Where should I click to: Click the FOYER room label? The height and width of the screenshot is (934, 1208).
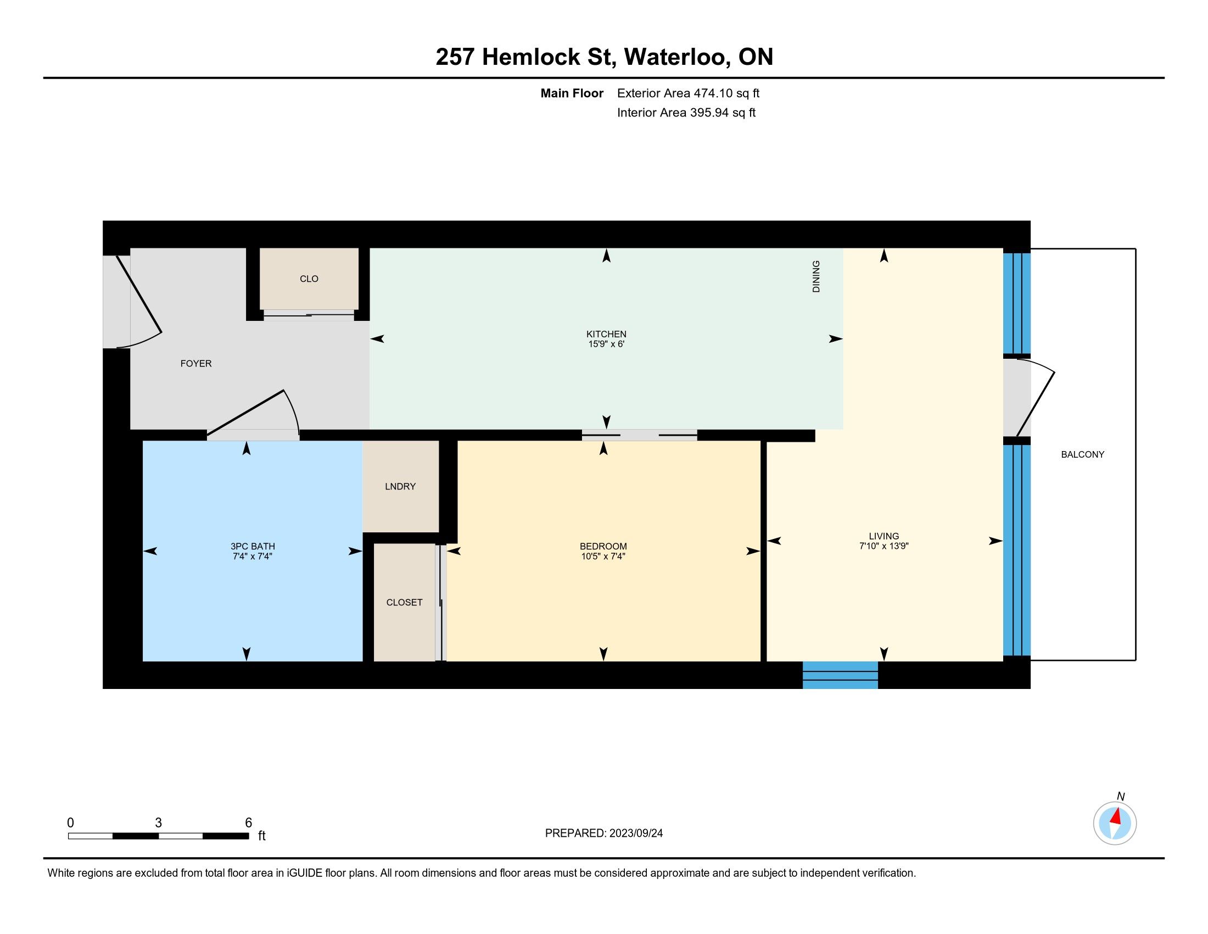click(x=196, y=364)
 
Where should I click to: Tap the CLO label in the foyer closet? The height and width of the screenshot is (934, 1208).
click(x=309, y=279)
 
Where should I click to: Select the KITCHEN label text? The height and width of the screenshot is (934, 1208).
click(x=606, y=334)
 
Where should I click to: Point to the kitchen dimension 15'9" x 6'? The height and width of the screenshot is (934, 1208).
click(x=606, y=344)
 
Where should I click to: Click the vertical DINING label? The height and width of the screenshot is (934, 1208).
click(x=816, y=276)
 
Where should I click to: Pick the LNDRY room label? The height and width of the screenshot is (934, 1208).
click(x=400, y=486)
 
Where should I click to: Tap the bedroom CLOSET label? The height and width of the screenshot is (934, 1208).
click(x=404, y=603)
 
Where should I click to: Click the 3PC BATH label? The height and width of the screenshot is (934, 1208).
click(x=252, y=547)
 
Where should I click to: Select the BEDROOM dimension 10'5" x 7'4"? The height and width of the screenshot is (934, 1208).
click(x=603, y=557)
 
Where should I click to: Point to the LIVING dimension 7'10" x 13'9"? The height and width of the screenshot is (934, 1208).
click(x=883, y=546)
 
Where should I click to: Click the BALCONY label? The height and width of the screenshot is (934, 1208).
click(x=1082, y=455)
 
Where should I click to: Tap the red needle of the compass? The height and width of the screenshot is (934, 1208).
click(x=1116, y=816)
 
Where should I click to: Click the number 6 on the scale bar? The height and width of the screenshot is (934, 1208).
click(x=248, y=823)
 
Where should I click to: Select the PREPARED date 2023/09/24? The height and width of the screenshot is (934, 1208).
click(x=636, y=833)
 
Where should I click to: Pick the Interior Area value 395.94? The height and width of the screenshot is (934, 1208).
click(x=709, y=113)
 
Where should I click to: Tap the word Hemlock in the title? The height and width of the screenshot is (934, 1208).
click(x=530, y=57)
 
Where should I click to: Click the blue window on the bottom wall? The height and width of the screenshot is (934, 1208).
click(x=840, y=675)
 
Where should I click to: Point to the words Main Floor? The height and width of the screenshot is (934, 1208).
click(x=572, y=93)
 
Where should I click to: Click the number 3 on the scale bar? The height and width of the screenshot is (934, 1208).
click(x=158, y=823)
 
